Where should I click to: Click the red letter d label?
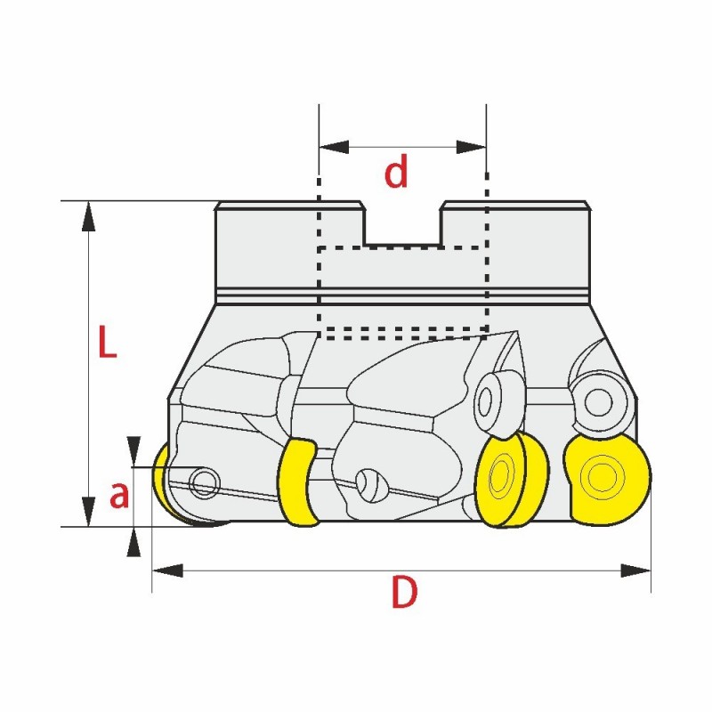pyautogui.click(x=396, y=174)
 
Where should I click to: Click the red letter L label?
pyautogui.click(x=108, y=343)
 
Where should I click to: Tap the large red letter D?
pyautogui.click(x=404, y=593)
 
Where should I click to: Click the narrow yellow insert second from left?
pyautogui.click(x=299, y=481)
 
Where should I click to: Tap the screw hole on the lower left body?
pyautogui.click(x=206, y=483)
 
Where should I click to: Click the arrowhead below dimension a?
pyautogui.click(x=133, y=542)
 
